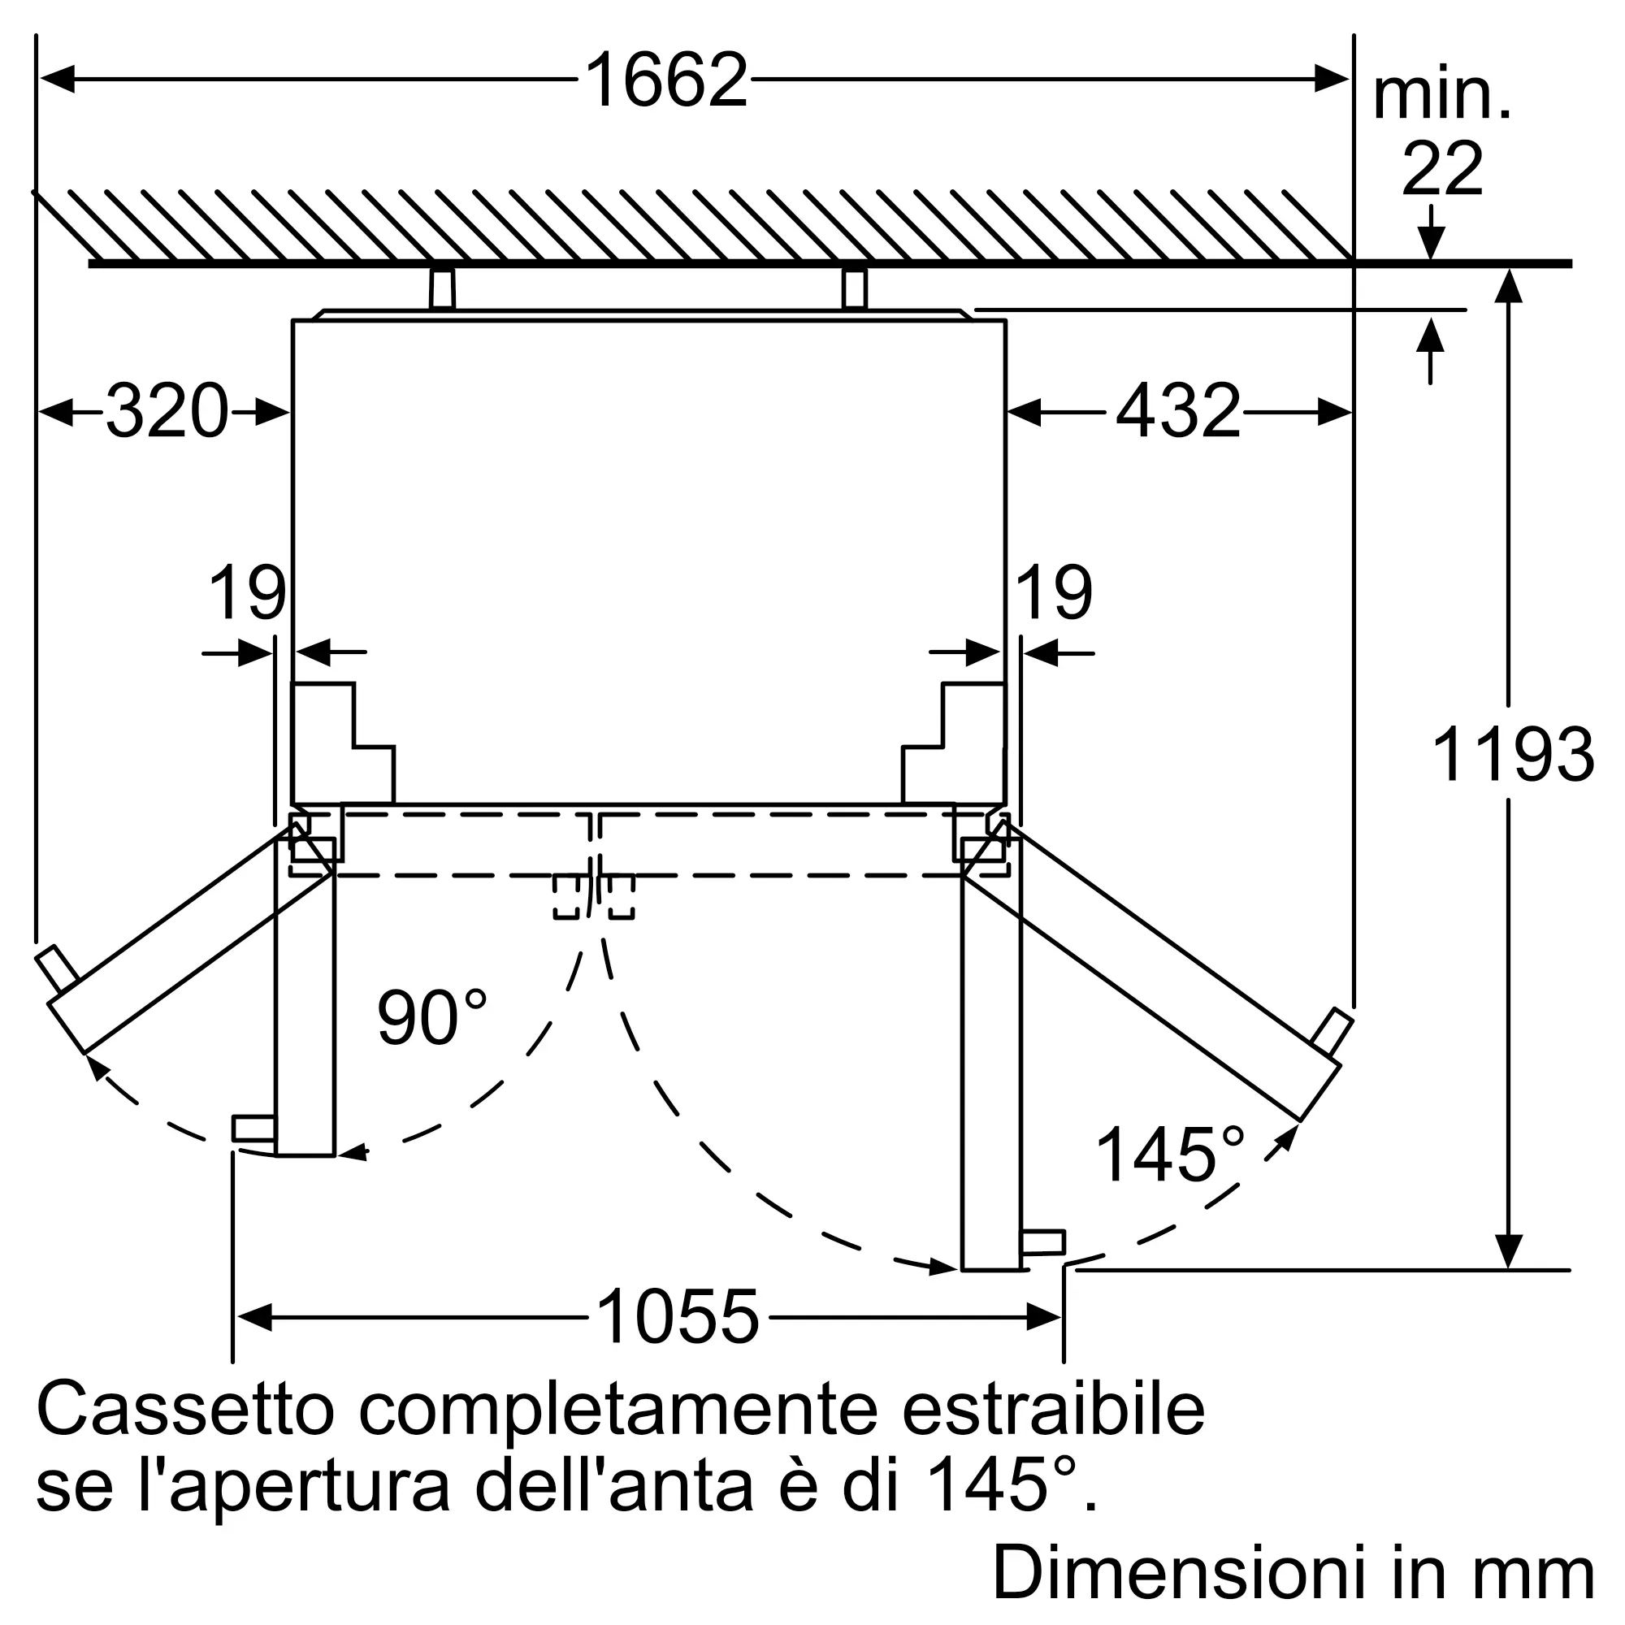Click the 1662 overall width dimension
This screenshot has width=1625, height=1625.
click(666, 80)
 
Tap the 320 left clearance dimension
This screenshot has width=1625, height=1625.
click(167, 411)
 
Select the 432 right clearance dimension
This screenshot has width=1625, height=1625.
click(1178, 411)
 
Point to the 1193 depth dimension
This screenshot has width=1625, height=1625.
click(1512, 755)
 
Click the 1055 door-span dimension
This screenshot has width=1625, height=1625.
click(678, 1317)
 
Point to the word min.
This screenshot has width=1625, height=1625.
click(1441, 97)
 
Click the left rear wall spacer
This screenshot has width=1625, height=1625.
click(441, 288)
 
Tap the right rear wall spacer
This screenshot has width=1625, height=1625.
click(854, 288)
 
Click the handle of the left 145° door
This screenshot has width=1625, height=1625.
click(57, 968)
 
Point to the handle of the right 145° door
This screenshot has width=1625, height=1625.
click(1332, 1030)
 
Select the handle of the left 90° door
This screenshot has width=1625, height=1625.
click(253, 1128)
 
